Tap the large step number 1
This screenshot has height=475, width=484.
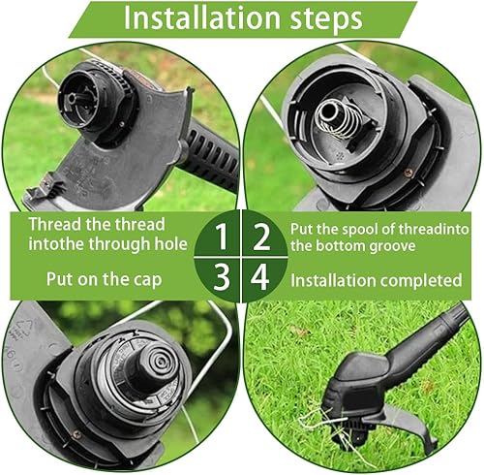[222, 237]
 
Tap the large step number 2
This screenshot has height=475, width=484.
[261, 237]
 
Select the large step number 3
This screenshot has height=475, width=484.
[222, 276]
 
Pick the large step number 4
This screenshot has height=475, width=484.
[259, 276]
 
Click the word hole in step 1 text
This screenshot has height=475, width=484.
[171, 243]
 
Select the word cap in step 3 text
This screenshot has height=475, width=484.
[148, 280]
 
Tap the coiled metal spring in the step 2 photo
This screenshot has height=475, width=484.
[336, 118]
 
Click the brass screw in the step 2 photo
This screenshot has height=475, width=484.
[408, 173]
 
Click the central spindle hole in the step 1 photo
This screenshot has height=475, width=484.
[72, 97]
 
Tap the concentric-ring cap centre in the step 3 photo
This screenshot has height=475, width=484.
[157, 362]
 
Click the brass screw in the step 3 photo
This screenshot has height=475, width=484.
[76, 434]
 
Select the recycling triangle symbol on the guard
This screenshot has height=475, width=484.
[28, 326]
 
